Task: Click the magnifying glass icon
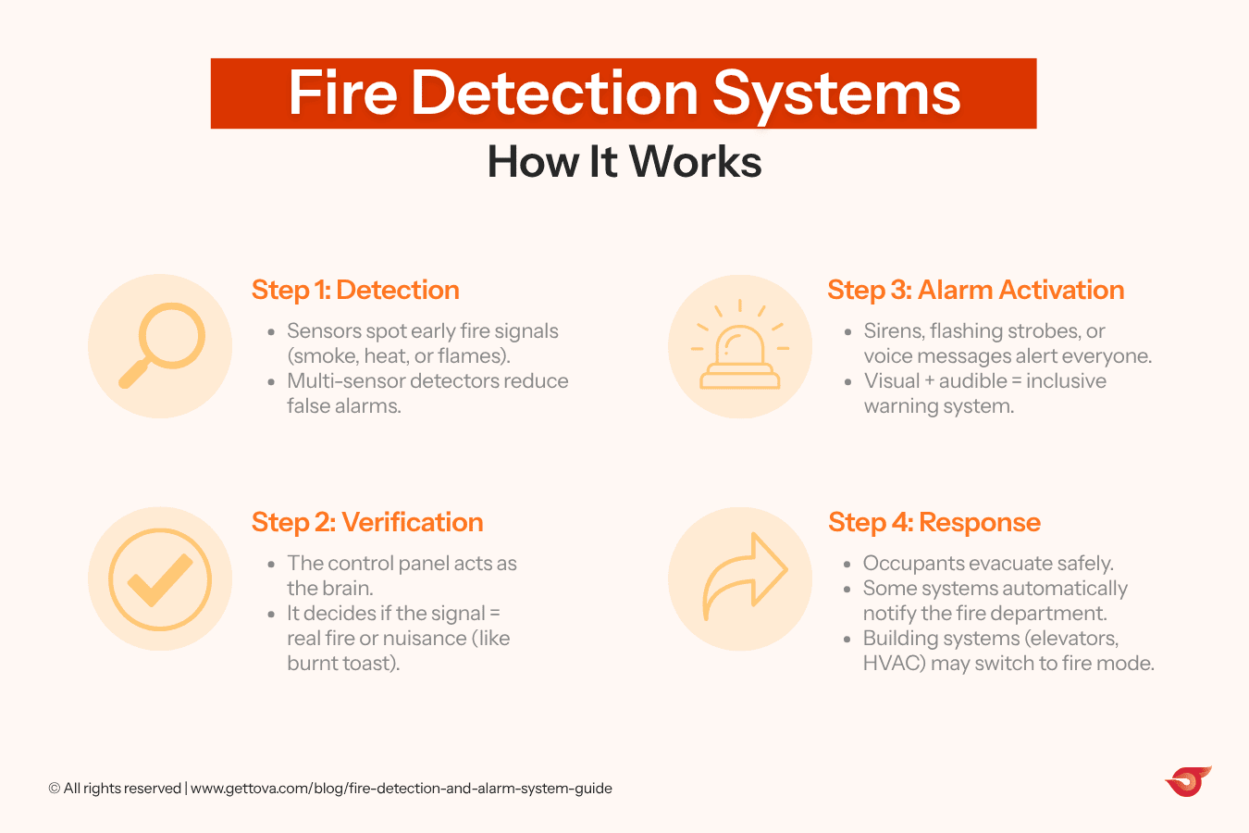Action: pos(162,345)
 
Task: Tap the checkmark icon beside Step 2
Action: pos(160,579)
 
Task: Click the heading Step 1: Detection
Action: pos(355,290)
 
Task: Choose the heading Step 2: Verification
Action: pos(367,522)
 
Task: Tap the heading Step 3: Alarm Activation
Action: pos(975,290)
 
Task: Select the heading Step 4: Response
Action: pos(934,522)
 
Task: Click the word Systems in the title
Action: pos(836,93)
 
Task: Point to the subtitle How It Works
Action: pos(624,162)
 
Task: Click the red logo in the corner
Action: pos(1188,782)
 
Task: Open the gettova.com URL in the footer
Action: pos(401,789)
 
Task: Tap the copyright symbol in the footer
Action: pos(55,789)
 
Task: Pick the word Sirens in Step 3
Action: pos(892,330)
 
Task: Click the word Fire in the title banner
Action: pos(342,93)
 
